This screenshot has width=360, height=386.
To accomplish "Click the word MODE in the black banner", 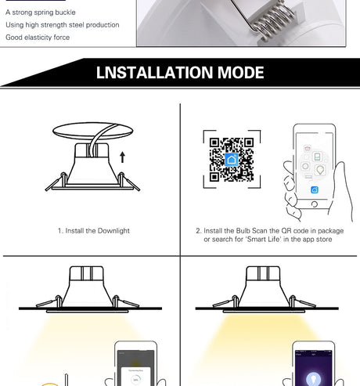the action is (240, 72).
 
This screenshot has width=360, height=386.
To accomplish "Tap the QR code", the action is (232, 160).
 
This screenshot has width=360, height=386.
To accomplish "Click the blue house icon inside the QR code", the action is (232, 160).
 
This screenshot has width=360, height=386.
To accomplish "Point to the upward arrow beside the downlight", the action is (122, 157).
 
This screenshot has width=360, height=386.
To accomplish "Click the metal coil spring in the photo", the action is (273, 21).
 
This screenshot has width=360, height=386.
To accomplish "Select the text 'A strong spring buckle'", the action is (41, 13).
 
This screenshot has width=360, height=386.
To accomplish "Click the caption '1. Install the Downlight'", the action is (94, 231).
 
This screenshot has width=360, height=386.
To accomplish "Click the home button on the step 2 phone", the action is (315, 204).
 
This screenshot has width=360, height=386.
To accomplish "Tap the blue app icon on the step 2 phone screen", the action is (315, 189).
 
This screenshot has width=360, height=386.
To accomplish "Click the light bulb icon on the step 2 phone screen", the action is (320, 170).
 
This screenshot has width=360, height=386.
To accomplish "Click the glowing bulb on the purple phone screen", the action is (313, 379).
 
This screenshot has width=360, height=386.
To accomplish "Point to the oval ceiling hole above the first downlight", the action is (93, 130).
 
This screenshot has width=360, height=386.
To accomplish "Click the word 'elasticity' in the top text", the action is (38, 38).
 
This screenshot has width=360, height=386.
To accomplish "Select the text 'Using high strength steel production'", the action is (63, 25).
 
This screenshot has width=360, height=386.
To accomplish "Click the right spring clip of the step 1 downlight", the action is (128, 181).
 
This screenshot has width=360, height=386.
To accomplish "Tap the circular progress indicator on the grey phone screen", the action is (135, 380).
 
